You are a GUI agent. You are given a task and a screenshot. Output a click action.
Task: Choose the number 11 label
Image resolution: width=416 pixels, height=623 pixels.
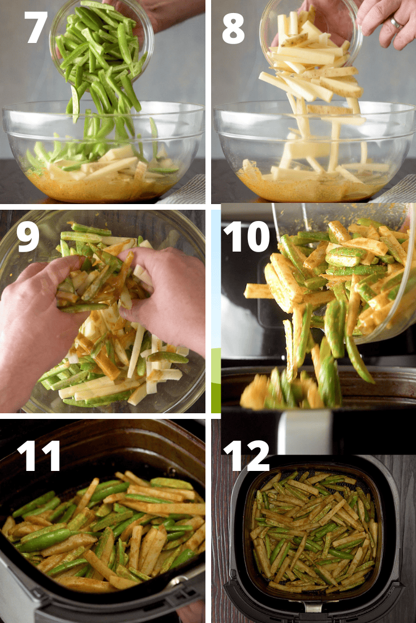point(38,456)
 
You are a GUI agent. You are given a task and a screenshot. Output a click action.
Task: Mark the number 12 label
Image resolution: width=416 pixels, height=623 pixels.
point(247,456)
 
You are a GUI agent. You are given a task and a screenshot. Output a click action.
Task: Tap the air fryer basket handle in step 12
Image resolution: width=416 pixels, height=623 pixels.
point(313,607)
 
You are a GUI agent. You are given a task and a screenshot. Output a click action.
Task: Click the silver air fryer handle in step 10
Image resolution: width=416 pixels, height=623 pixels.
point(306,432)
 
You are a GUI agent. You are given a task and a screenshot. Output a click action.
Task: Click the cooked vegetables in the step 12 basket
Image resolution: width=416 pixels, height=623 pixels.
point(312,531)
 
